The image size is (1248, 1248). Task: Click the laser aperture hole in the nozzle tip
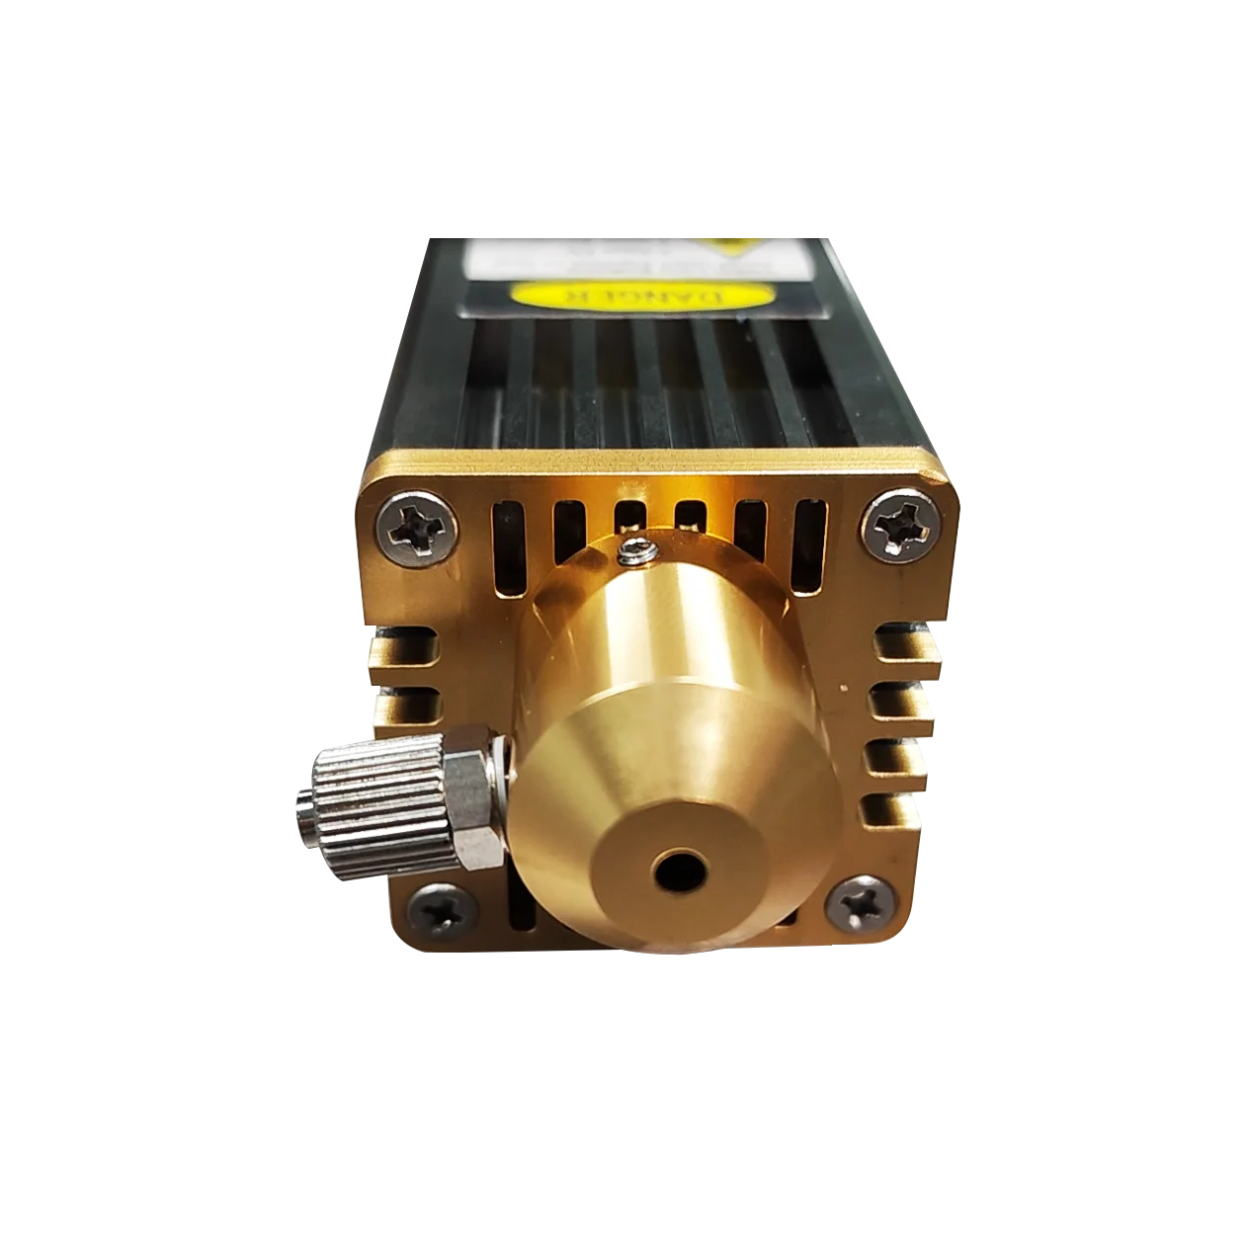click(678, 870)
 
